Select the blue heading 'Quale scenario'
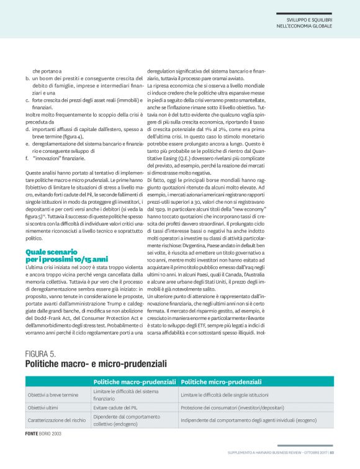point(51,252)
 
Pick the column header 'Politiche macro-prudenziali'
point(134,381)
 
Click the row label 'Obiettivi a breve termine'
point(53,394)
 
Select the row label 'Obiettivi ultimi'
point(42,408)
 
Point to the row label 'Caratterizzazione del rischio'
point(56,420)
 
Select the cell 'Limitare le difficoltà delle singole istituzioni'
point(233,394)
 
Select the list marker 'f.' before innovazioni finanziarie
point(27,158)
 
